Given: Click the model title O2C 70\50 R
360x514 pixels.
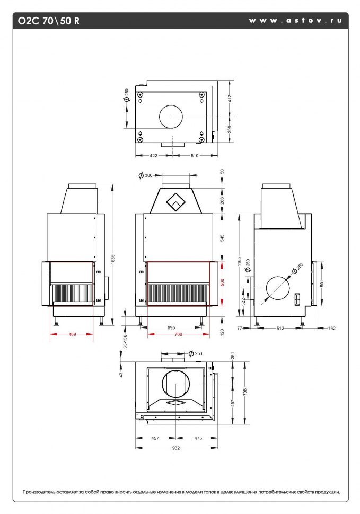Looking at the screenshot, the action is (x=49, y=21).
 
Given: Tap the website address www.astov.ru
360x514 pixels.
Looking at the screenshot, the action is (x=295, y=20).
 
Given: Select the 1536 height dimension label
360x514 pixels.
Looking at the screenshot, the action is (x=113, y=260).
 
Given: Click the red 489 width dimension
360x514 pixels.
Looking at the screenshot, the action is (x=72, y=334).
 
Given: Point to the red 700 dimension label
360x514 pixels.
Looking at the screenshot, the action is (x=178, y=334).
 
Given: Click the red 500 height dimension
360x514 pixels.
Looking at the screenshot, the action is (x=222, y=282).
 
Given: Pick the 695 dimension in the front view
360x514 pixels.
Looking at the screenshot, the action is (x=171, y=327).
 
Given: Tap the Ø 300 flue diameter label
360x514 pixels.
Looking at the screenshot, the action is (x=146, y=175).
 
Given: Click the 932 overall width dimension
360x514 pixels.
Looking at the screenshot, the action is (x=176, y=448).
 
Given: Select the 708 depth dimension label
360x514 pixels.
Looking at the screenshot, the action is (x=245, y=392).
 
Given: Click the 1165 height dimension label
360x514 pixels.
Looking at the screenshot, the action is (x=239, y=263).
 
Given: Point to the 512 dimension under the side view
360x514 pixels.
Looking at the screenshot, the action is (x=280, y=328).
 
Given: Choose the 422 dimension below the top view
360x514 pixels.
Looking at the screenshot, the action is (x=153, y=156).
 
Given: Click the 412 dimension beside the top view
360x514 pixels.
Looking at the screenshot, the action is (x=230, y=99).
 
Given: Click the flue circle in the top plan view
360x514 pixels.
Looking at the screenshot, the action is (x=171, y=105).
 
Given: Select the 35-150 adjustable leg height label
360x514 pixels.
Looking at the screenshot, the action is (x=125, y=341).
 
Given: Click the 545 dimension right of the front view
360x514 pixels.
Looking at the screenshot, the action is (x=222, y=238).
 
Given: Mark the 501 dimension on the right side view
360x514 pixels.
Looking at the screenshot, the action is (x=322, y=283).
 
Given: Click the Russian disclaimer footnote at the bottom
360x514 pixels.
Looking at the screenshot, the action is (x=181, y=492).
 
